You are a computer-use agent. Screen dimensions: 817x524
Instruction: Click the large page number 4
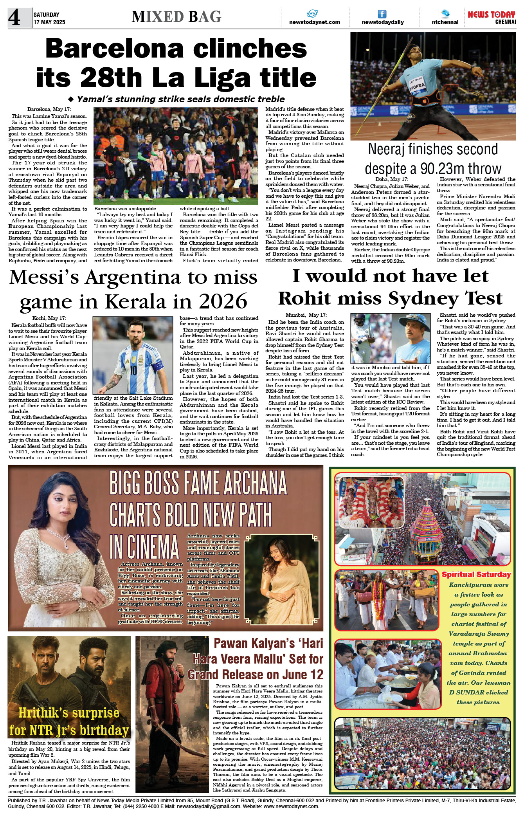(14, 18)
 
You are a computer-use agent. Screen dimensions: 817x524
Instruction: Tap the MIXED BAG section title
(176, 17)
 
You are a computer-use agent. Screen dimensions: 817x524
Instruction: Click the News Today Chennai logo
(492, 17)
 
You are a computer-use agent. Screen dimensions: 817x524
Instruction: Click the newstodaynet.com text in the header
(314, 22)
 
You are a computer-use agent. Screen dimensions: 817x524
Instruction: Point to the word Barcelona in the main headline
(114, 49)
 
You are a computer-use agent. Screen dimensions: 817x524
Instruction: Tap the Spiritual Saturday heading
(476, 574)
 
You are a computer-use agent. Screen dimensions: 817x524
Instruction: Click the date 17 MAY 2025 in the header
(49, 22)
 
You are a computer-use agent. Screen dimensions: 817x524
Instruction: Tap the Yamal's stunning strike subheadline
(180, 99)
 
